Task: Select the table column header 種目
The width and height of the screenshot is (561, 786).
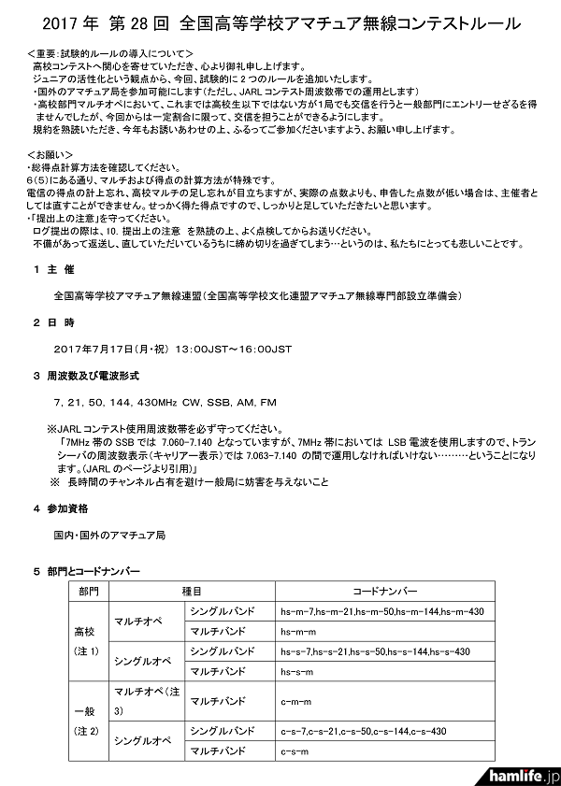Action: (192, 592)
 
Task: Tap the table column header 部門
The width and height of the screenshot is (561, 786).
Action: (89, 592)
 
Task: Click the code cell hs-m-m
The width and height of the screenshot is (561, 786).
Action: (299, 631)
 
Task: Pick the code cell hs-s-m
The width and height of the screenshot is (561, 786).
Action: (299, 670)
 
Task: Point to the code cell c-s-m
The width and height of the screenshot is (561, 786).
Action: (295, 750)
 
